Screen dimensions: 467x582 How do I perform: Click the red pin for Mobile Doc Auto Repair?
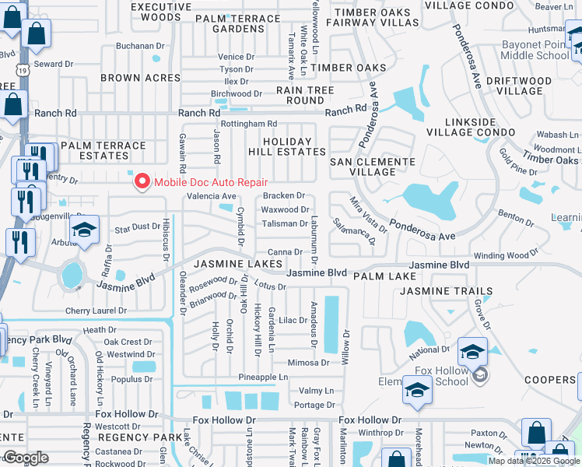[142, 182]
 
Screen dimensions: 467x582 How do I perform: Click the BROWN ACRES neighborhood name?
[141, 78]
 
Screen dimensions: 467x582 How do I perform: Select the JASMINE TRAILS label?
[446, 291]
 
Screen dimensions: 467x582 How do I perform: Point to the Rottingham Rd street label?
[248, 124]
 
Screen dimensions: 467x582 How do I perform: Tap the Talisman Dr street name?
[284, 223]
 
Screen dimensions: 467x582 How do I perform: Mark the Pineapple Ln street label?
[263, 377]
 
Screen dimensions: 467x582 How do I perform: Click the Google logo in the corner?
[26, 458]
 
